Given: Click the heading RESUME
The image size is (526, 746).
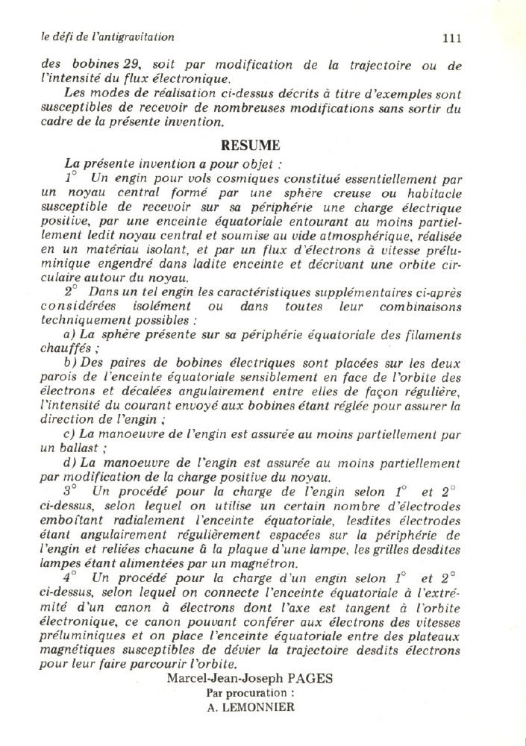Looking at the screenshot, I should (250, 145).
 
